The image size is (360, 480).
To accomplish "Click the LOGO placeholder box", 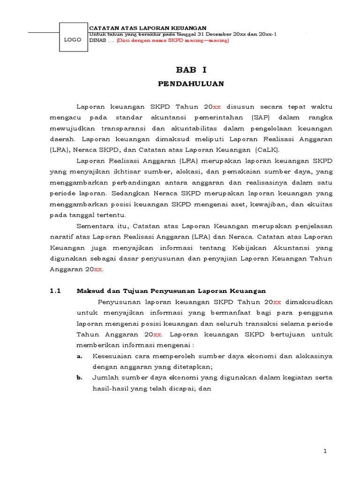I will coord(73,40).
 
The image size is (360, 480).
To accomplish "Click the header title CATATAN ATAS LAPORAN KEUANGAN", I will coord(148,29).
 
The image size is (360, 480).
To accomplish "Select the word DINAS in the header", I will coord(97,40).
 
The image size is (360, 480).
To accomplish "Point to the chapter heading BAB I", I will coord(191,70).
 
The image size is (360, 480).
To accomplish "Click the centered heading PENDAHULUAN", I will coord(191,84).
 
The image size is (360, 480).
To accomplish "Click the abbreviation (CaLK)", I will coord(266,150).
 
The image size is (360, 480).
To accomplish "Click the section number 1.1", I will coord(56,291).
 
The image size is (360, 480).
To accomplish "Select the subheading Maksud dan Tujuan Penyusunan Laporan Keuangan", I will coord(171,291).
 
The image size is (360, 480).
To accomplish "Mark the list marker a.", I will coord(79,356).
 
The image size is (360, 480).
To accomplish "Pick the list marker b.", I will coord(79,378).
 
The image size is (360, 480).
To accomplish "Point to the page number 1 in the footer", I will coord(325,451).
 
